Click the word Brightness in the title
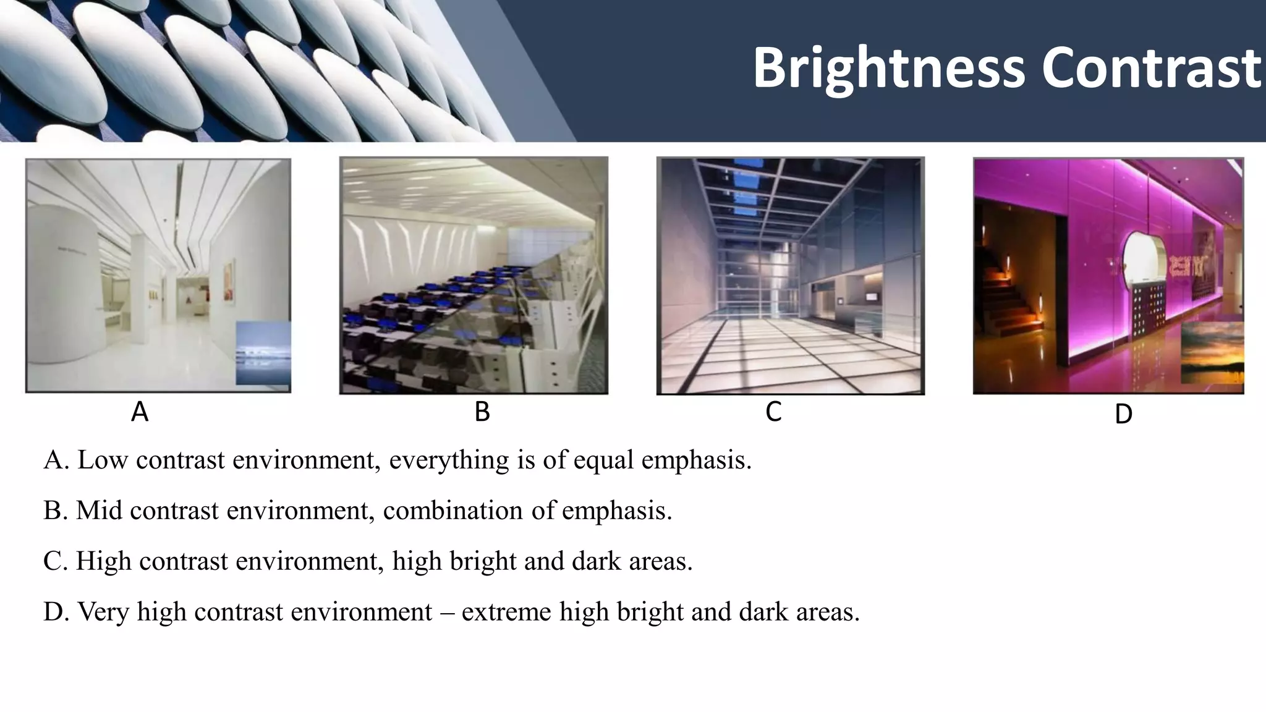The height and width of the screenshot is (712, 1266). pos(889,68)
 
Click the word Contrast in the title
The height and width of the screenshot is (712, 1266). pos(1151,68)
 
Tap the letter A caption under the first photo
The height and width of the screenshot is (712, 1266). pos(140,412)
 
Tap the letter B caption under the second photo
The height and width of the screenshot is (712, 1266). pos(482,412)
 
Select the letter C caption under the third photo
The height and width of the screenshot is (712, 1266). pos(773,411)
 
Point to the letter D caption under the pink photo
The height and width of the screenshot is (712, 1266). pos(1123,414)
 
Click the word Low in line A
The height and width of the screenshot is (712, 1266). pos(102,460)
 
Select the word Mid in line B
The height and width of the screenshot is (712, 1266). pos(99,511)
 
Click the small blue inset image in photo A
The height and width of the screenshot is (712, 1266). pos(263,352)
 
